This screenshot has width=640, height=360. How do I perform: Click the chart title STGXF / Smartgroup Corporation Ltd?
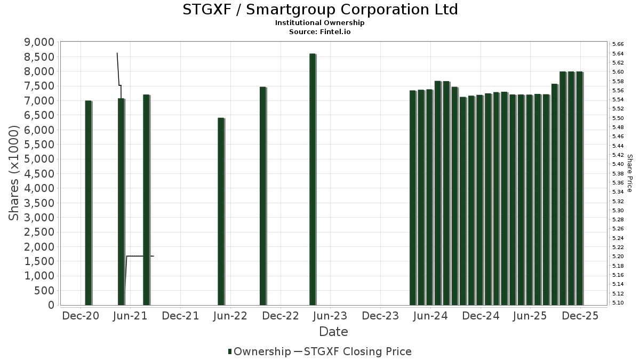[x=320, y=10]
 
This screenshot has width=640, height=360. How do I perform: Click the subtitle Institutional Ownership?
[x=320, y=23]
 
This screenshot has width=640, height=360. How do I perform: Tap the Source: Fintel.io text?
[x=320, y=31]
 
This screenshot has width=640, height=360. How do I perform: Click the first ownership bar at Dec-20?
[x=88, y=203]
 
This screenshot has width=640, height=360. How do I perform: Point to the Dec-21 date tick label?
[x=180, y=316]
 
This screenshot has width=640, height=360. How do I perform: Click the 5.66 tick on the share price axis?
[x=618, y=44]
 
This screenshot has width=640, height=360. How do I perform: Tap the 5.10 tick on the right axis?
[x=618, y=302]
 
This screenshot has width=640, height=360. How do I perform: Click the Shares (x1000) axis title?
[x=14, y=173]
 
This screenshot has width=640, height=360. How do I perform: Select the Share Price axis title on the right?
[x=629, y=173]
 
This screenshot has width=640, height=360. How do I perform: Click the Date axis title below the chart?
[x=333, y=332]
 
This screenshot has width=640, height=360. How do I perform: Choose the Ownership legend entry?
[x=258, y=351]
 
